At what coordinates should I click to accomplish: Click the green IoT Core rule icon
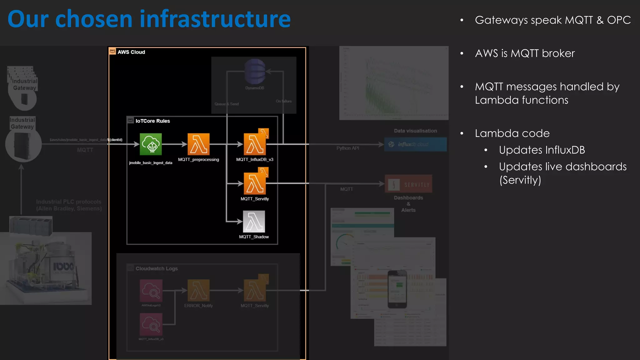pos(151,144)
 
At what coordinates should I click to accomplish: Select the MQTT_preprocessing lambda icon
pos(198,144)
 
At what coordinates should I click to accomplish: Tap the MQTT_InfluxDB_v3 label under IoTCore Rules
pos(254,159)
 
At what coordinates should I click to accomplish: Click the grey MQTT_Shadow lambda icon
pos(254,222)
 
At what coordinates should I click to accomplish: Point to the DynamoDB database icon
pos(255,72)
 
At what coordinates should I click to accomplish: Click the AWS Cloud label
pos(131,52)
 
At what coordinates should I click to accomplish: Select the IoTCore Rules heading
pos(152,121)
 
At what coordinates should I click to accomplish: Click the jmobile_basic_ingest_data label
pos(151,163)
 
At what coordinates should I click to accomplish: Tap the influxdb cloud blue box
pos(415,144)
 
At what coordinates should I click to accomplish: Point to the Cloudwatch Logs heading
pos(157,268)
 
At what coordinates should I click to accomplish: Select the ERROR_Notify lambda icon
pos(198,290)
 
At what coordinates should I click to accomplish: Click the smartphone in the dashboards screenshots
pos(397,289)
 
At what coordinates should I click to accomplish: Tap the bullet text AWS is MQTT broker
pos(525,53)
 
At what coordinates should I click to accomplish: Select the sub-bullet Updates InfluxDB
pos(542,150)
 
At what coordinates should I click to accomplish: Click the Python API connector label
pos(347,148)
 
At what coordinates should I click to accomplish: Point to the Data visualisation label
pos(415,131)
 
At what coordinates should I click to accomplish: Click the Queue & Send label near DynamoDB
pos(227,104)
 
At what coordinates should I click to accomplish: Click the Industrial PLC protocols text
pos(69,205)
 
